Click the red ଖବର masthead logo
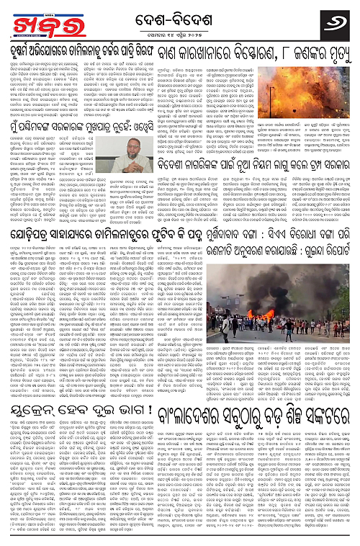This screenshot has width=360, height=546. click(27, 19)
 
